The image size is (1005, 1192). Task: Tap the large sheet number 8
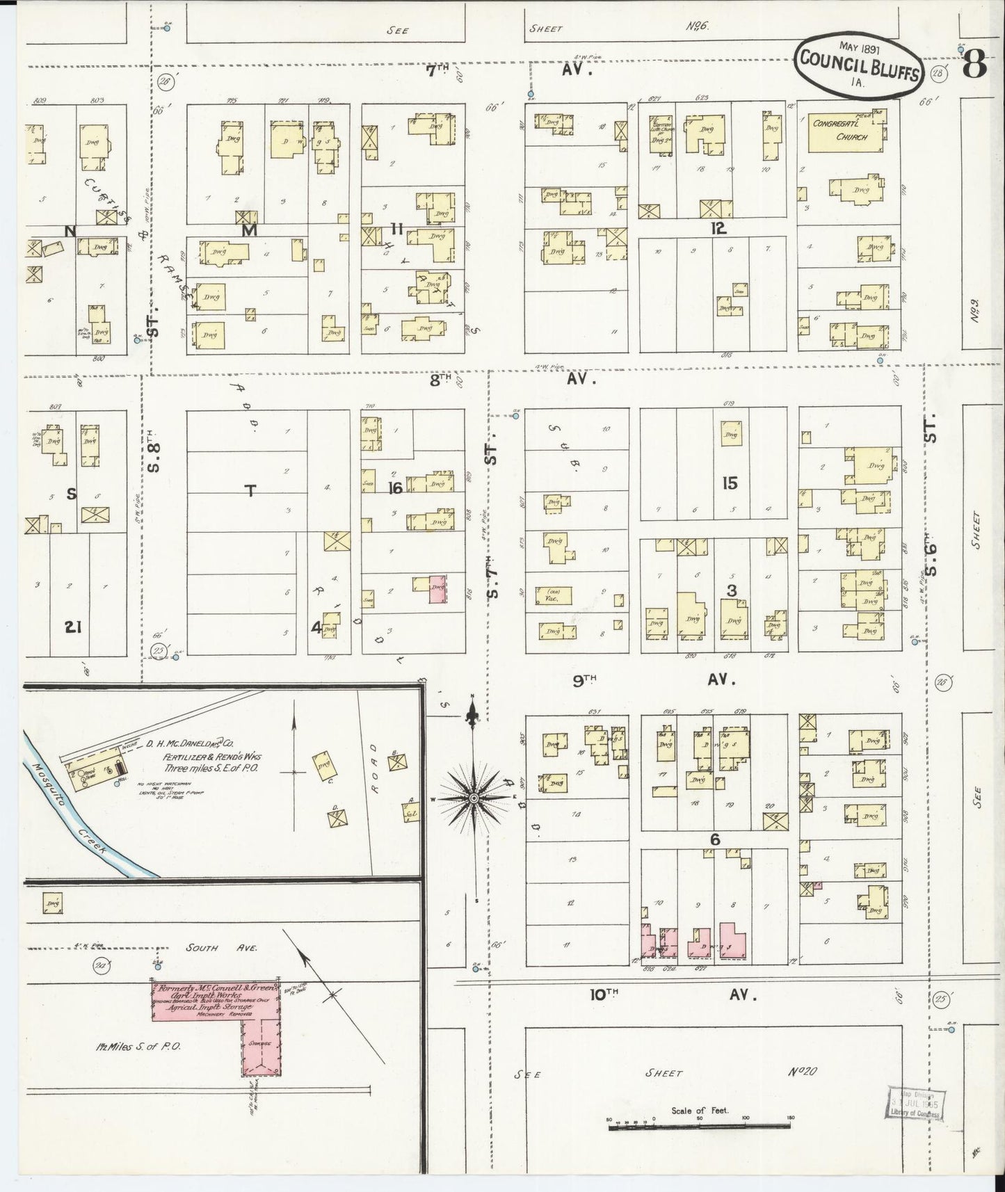976,66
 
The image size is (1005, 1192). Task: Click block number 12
718,227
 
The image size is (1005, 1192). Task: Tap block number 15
729,482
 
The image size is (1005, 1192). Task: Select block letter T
250,491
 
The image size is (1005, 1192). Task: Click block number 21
74,627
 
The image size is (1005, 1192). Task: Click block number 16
394,488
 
